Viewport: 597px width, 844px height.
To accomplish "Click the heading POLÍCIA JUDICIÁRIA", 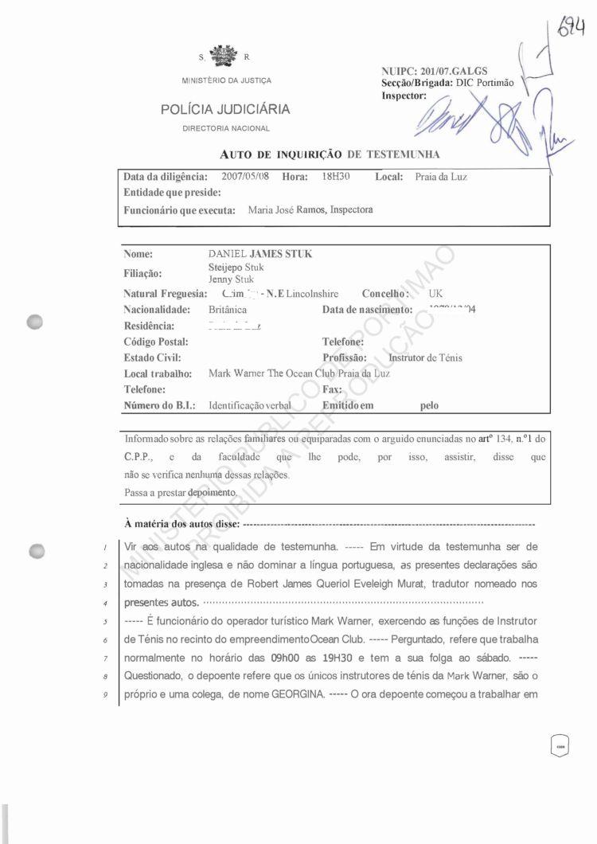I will coord(225,110).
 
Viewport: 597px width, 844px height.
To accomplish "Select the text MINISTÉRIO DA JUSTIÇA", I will coord(226,80).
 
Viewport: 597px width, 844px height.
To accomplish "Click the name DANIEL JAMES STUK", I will coord(260,254).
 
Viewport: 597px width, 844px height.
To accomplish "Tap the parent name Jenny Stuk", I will coord(232,279).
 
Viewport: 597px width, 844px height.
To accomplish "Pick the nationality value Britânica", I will coord(228,309).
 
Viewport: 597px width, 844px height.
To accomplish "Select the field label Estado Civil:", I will coord(153,358).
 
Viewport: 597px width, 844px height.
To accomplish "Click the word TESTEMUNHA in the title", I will coord(403,154).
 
